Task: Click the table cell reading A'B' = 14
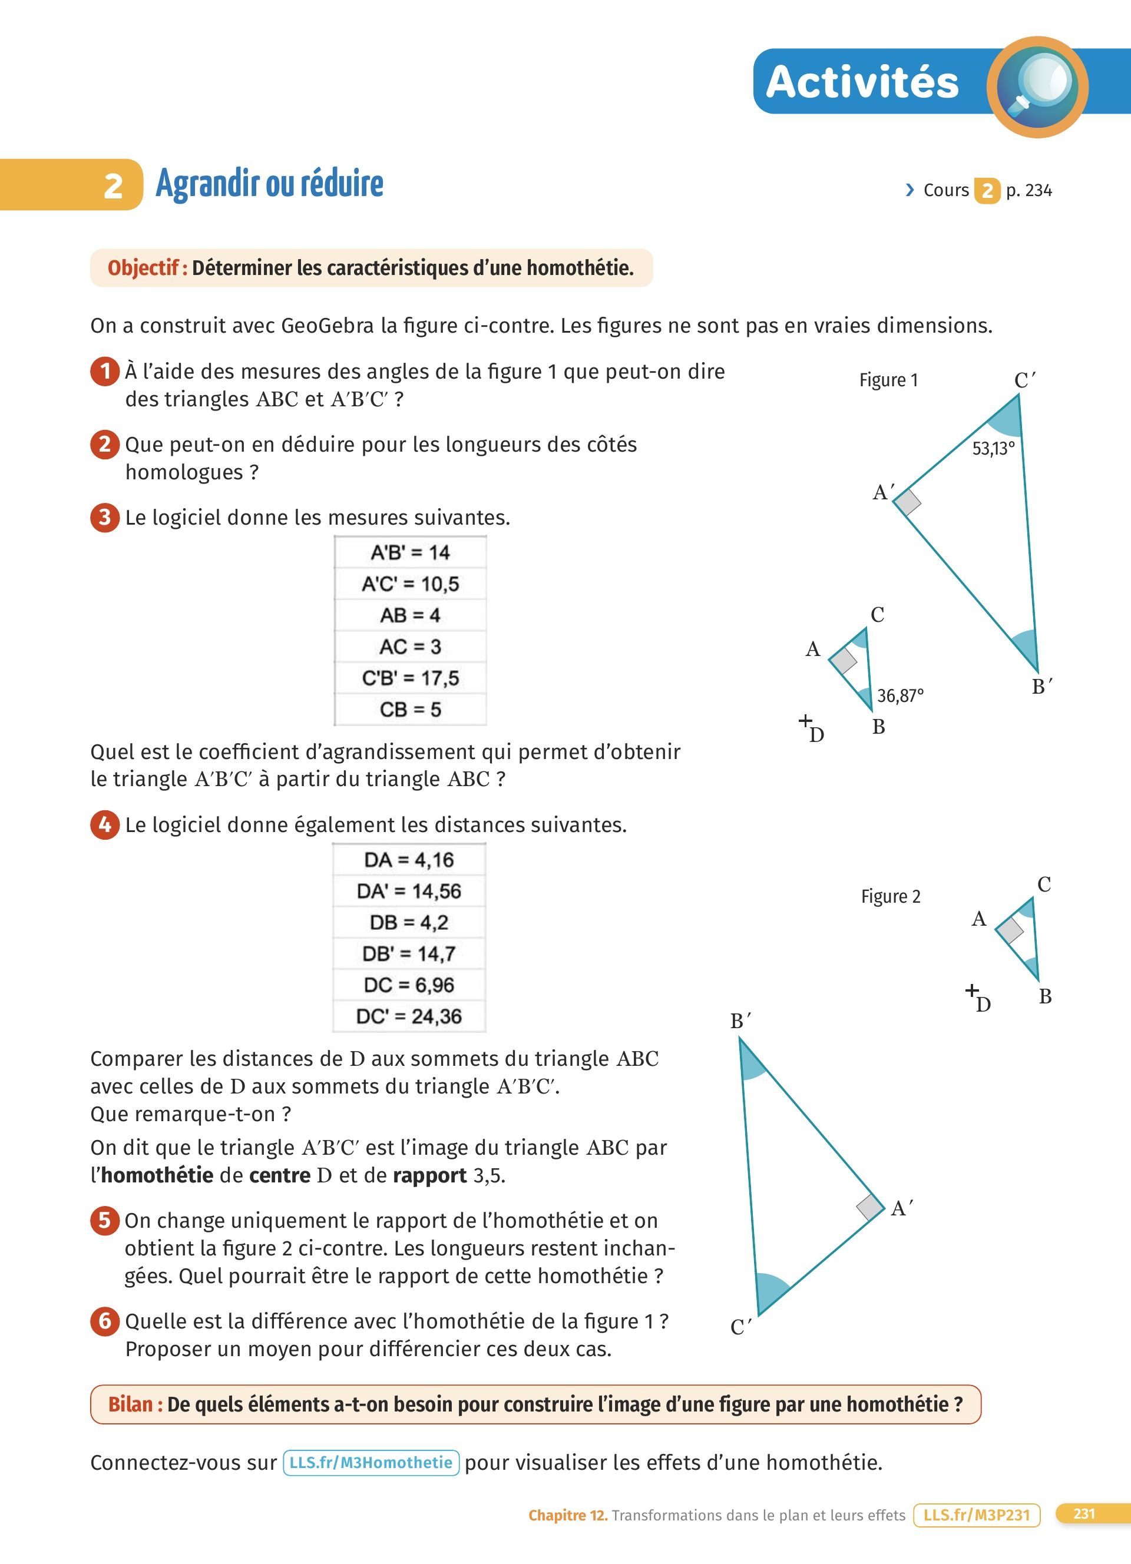click(x=411, y=552)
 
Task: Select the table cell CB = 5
click(x=411, y=709)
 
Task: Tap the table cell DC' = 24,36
click(x=409, y=1016)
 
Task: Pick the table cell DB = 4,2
click(x=409, y=922)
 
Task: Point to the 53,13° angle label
click(x=993, y=449)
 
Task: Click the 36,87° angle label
click(x=900, y=696)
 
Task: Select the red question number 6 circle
click(x=105, y=1321)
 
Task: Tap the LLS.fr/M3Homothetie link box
click(x=371, y=1462)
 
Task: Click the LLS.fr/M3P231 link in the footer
click(x=976, y=1515)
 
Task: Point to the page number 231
click(x=1084, y=1514)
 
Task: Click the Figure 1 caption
click(x=888, y=380)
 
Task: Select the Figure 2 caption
click(x=890, y=896)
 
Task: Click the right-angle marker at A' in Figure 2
click(x=870, y=1207)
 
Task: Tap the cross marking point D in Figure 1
click(x=805, y=721)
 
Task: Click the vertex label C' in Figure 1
click(x=1024, y=380)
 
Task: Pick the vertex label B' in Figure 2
click(x=740, y=1020)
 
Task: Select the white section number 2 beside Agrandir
click(x=113, y=186)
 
